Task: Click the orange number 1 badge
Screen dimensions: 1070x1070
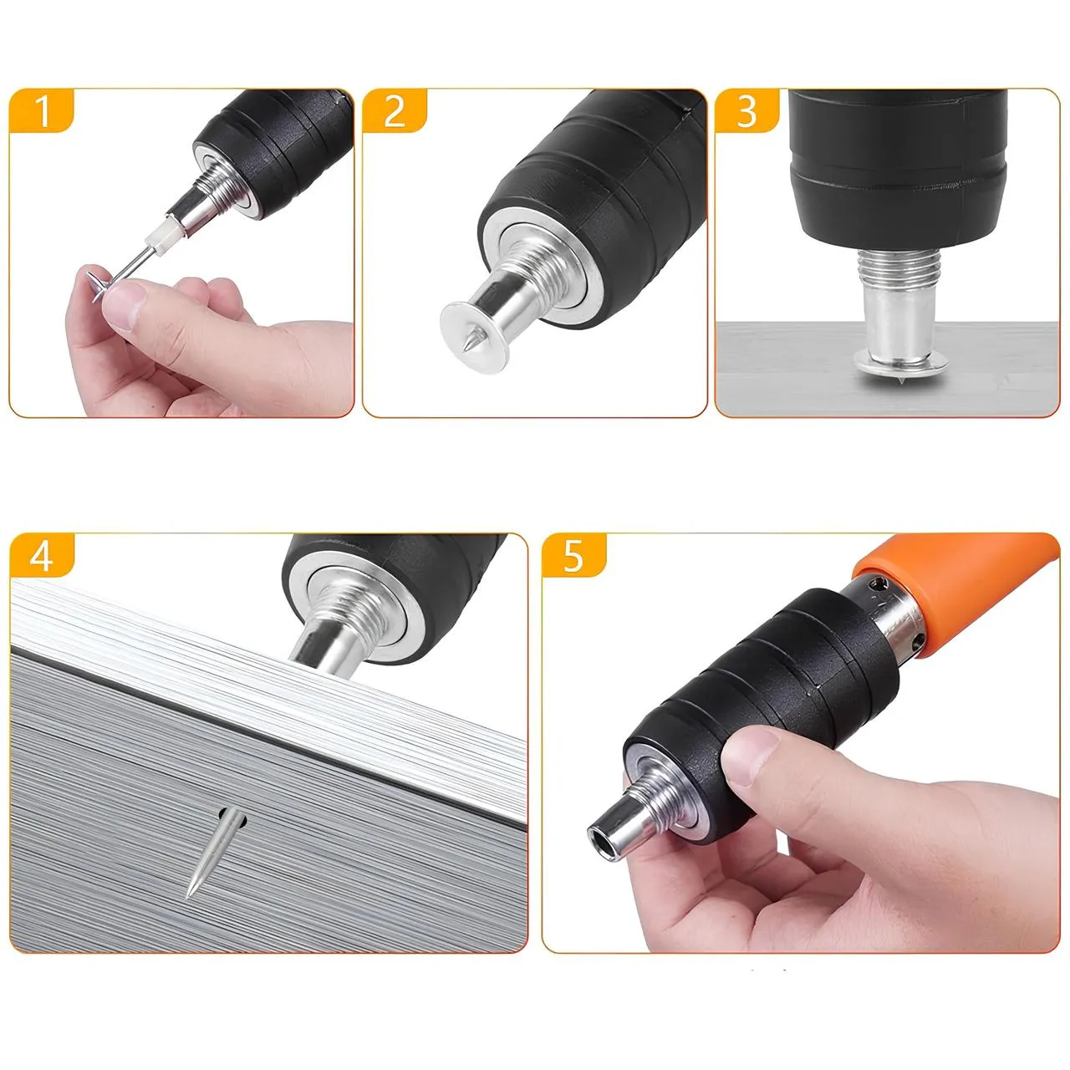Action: click(x=42, y=110)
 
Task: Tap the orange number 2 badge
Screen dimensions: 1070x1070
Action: click(x=395, y=110)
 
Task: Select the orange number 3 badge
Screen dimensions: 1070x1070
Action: click(x=746, y=110)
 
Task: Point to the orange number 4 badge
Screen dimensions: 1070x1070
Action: click(x=42, y=555)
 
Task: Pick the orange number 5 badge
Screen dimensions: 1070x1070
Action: click(x=573, y=555)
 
